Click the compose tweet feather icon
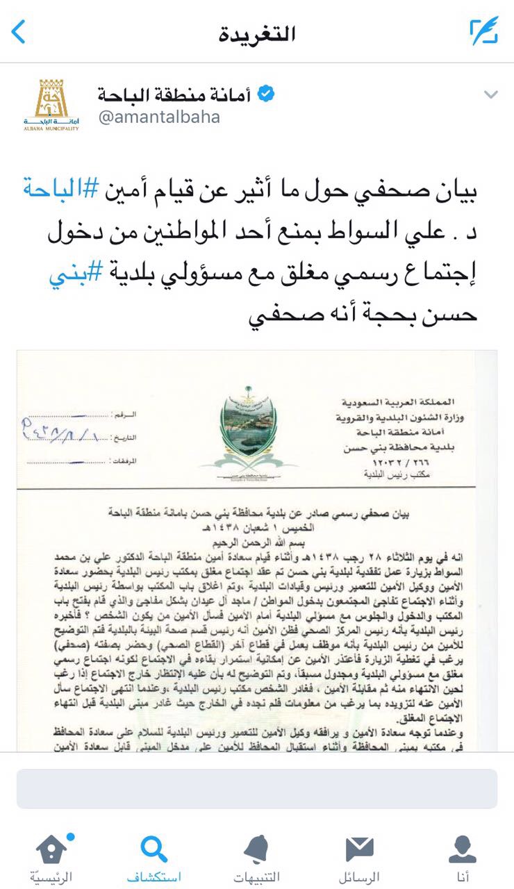(483, 32)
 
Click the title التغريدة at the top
(257, 33)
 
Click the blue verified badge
(265, 94)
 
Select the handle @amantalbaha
(159, 117)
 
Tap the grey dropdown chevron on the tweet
(490, 94)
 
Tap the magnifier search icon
(154, 849)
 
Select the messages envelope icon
(359, 849)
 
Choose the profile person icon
(462, 849)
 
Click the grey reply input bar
(257, 788)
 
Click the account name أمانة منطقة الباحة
(174, 94)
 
